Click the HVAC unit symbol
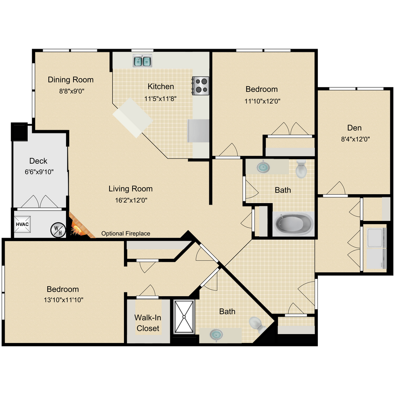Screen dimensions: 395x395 [22, 224]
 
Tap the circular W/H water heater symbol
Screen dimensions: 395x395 [58, 229]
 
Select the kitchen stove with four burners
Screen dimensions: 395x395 [201, 85]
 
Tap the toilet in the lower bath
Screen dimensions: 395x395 [256, 323]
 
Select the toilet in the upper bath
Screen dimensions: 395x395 [301, 168]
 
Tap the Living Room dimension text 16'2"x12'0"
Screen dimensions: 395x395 [131, 200]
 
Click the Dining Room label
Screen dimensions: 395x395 [71, 80]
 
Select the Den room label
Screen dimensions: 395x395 [354, 128]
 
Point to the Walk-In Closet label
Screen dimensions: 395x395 [148, 323]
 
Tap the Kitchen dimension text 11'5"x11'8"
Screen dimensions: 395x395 [161, 98]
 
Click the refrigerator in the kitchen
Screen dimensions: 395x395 [198, 131]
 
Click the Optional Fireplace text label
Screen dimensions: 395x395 [126, 234]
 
